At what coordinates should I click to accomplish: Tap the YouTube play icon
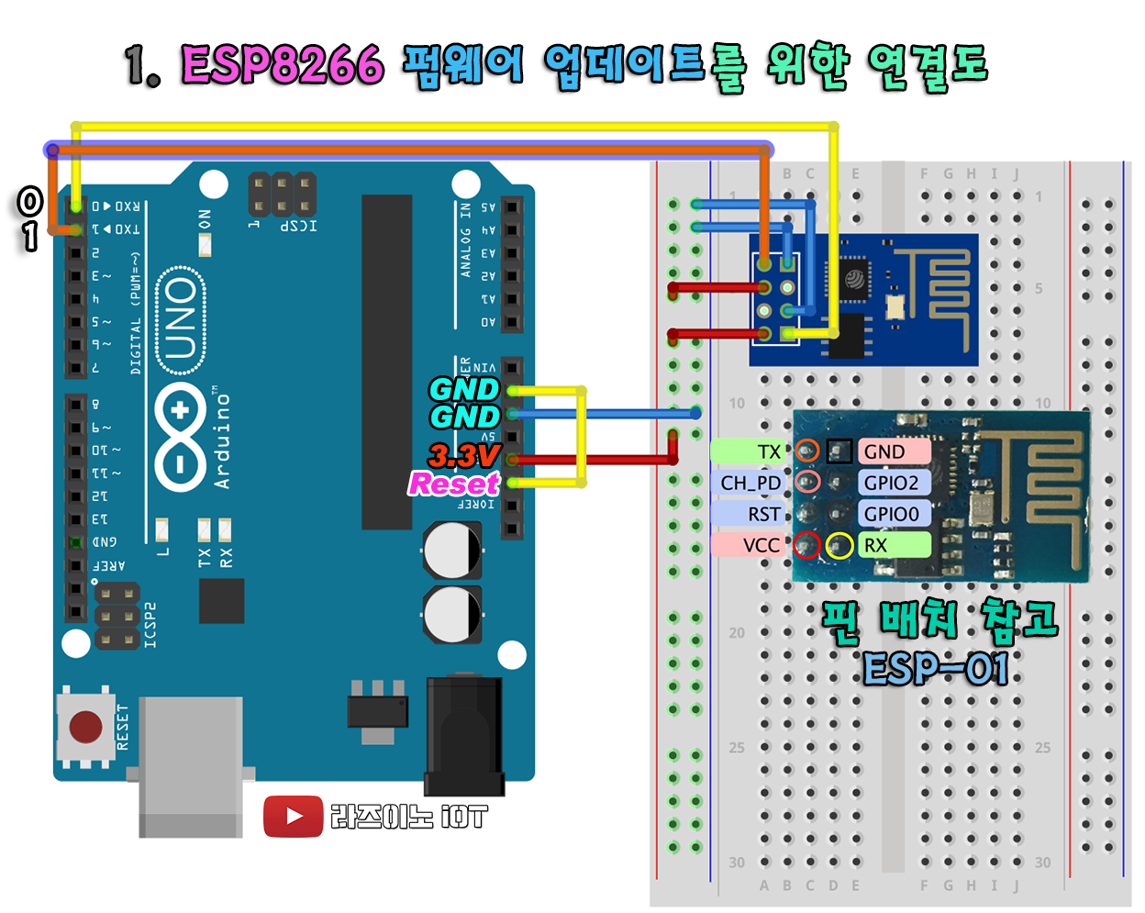pyautogui.click(x=294, y=816)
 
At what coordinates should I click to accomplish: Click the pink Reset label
pyautogui.click(x=453, y=483)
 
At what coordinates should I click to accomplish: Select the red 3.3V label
pyautogui.click(x=464, y=455)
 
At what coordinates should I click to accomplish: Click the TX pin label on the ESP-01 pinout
pyautogui.click(x=750, y=451)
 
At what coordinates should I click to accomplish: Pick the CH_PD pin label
pyautogui.click(x=749, y=483)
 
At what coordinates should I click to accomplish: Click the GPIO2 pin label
pyautogui.click(x=892, y=483)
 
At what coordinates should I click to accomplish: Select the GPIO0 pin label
pyautogui.click(x=892, y=514)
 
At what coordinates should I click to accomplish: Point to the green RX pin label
pyautogui.click(x=892, y=545)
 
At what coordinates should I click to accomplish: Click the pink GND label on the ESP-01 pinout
pyautogui.click(x=892, y=451)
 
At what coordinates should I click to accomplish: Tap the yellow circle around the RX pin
pyautogui.click(x=839, y=545)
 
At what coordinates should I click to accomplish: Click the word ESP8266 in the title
pyautogui.click(x=282, y=64)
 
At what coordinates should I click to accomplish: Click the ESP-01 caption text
pyautogui.click(x=935, y=669)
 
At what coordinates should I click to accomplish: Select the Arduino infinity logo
pyautogui.click(x=180, y=436)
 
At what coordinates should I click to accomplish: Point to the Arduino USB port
pyautogui.click(x=191, y=766)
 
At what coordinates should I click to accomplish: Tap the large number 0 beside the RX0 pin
pyautogui.click(x=30, y=201)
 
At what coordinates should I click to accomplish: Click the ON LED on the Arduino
pyautogui.click(x=205, y=244)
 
